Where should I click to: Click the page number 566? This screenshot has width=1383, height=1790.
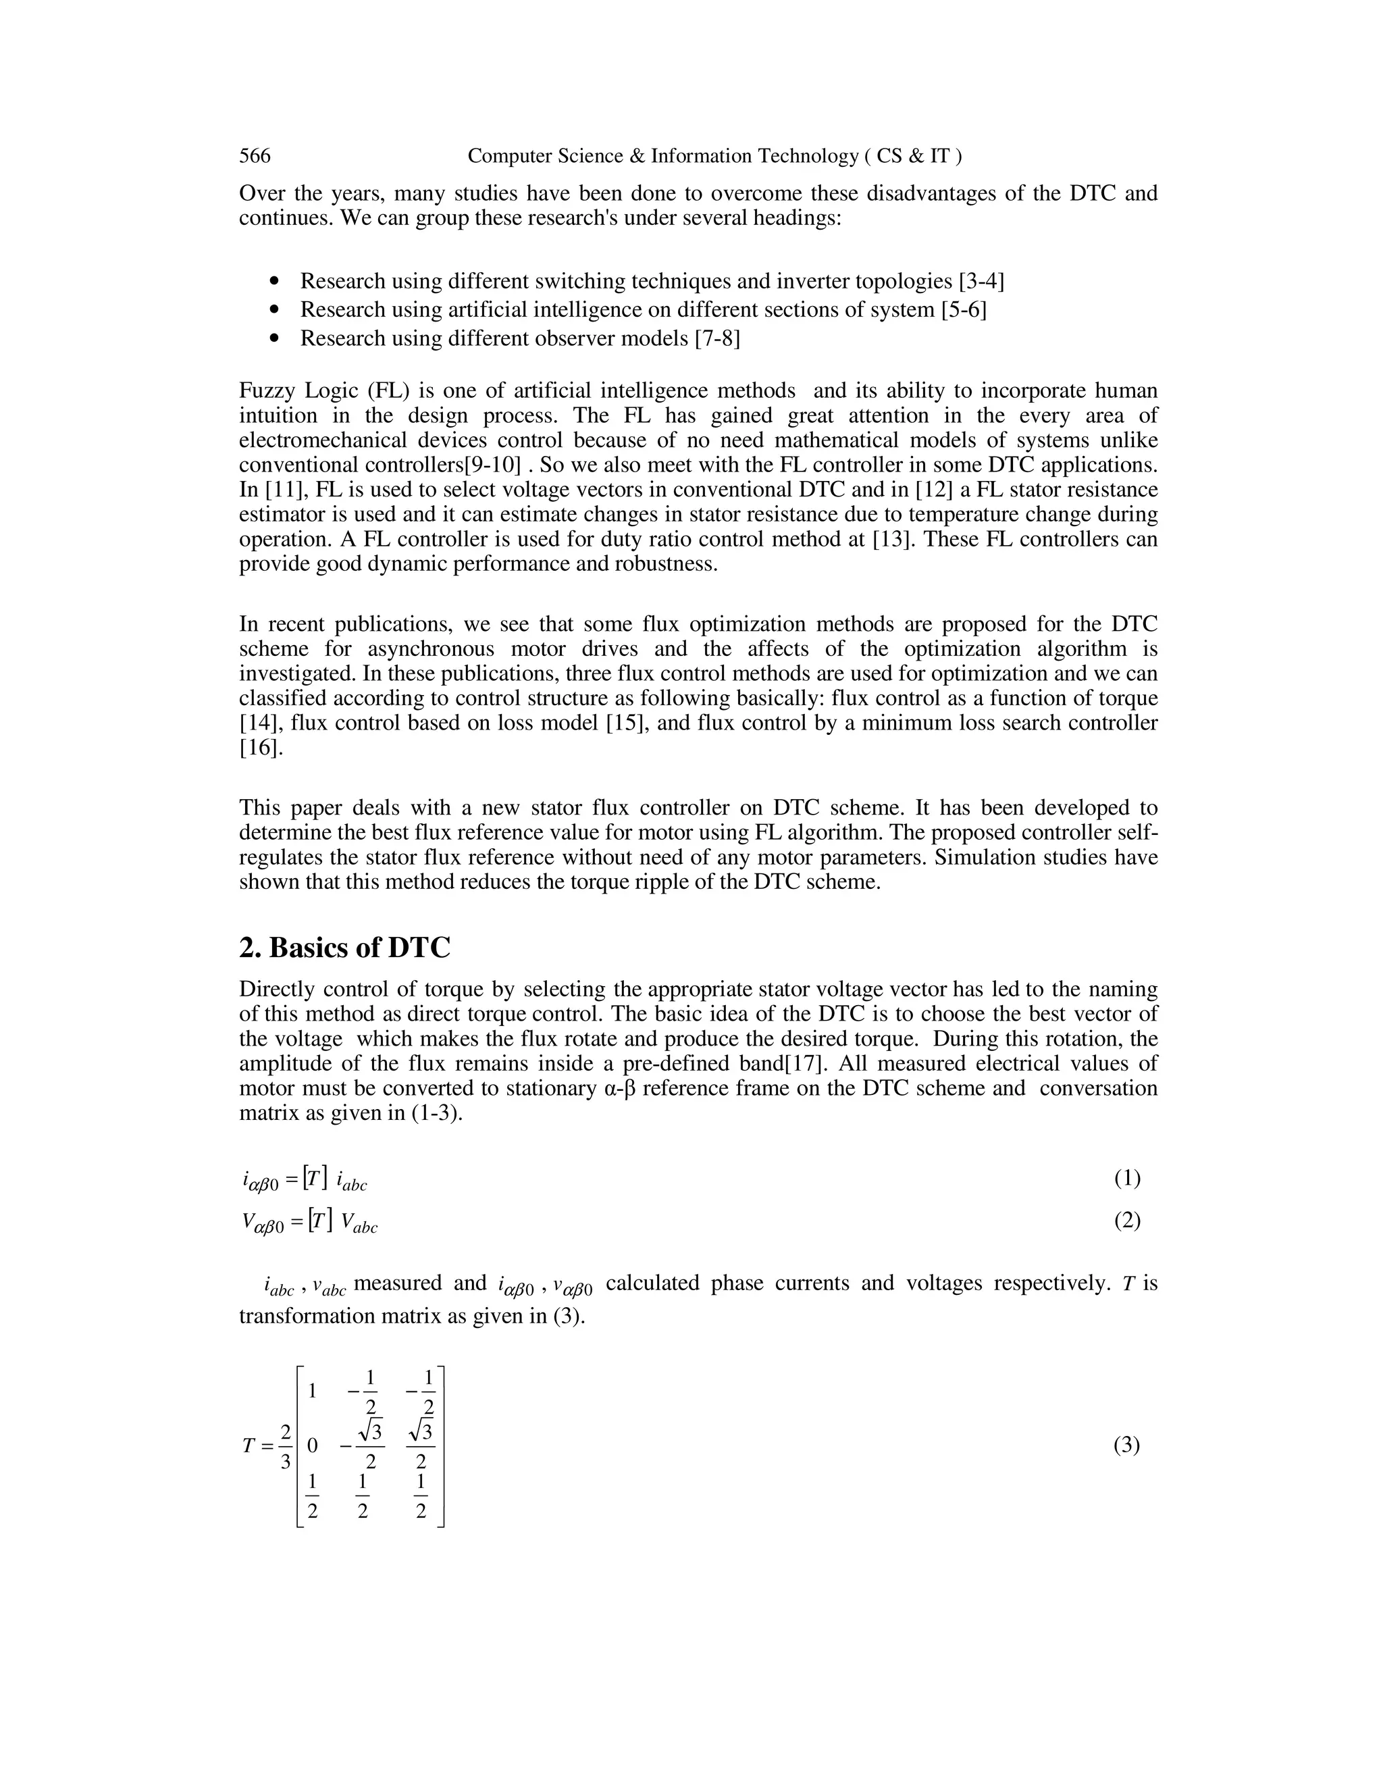pos(255,156)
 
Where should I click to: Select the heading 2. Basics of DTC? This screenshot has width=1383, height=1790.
pos(344,948)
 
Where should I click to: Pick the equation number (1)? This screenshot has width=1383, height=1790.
pos(1126,1179)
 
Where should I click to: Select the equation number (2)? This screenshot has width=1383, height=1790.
pos(1126,1221)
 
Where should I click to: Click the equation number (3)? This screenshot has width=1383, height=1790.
pos(1126,1446)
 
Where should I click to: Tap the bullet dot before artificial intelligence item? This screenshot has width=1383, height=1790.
pos(274,311)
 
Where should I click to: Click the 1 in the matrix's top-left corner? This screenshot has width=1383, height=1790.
pos(312,1391)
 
